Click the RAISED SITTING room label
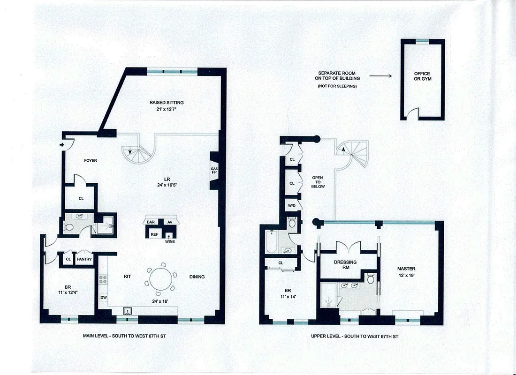tap(166, 105)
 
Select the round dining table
tap(161, 277)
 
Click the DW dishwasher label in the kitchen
tap(103, 297)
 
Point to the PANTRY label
tap(84, 259)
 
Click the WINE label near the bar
tap(169, 241)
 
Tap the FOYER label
tap(91, 160)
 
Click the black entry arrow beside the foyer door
tap(62, 145)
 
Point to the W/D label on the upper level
tap(291, 206)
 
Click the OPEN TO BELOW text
tap(318, 182)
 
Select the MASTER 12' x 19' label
tap(406, 272)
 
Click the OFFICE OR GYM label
tap(422, 76)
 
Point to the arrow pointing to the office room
tap(380, 75)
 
